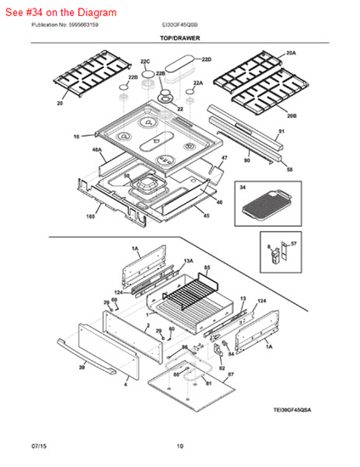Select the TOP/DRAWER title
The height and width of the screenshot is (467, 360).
pyautogui.click(x=180, y=39)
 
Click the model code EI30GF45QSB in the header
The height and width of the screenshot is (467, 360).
pyautogui.click(x=179, y=25)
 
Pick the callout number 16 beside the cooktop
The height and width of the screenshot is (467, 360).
pyautogui.click(x=76, y=136)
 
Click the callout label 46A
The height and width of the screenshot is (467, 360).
pyautogui.click(x=97, y=149)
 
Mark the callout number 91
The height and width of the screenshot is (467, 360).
pyautogui.click(x=281, y=131)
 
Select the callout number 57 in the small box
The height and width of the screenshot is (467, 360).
pyautogui.click(x=295, y=244)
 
